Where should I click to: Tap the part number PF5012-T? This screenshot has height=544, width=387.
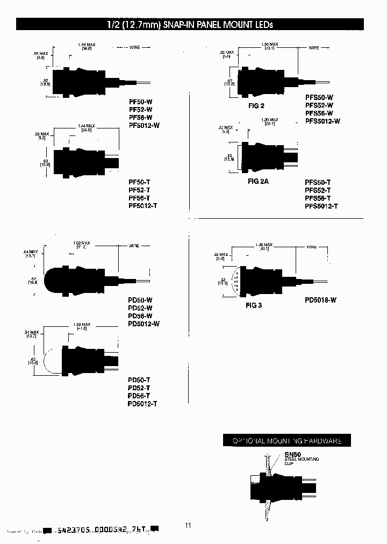144,206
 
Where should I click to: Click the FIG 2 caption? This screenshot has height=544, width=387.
256,106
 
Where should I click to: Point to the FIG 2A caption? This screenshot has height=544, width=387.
258,181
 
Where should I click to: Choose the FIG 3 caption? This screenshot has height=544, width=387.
253,305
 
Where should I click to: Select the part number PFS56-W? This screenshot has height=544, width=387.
319,113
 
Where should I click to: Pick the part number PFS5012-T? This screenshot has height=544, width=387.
322,206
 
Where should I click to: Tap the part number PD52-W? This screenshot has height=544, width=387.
140,307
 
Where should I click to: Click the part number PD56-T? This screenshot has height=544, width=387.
139,396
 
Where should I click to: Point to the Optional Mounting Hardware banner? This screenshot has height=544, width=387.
290,441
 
